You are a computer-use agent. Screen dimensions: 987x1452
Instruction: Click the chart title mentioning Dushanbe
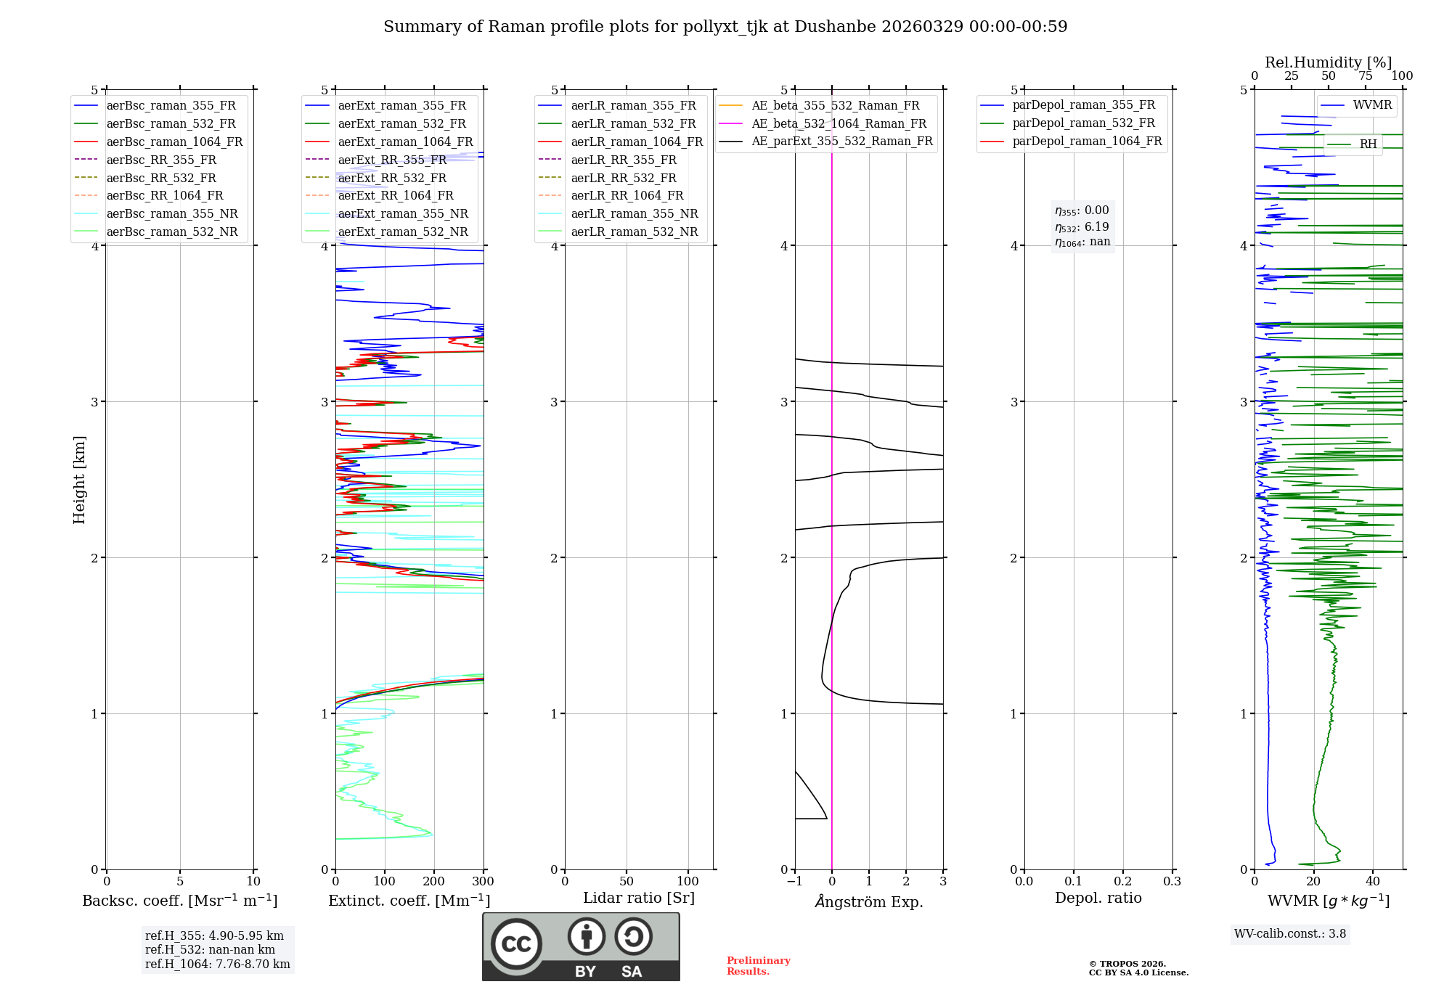click(x=725, y=27)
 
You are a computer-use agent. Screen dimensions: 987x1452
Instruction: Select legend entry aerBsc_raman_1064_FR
click(x=174, y=142)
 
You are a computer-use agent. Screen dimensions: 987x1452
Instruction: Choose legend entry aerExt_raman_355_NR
click(x=403, y=213)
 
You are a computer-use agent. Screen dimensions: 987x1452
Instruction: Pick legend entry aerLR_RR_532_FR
click(x=623, y=178)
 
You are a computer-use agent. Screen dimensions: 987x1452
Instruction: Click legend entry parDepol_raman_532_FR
click(x=1083, y=123)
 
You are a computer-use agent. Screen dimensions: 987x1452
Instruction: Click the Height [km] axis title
click(x=79, y=480)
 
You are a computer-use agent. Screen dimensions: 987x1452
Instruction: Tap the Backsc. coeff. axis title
click(x=179, y=901)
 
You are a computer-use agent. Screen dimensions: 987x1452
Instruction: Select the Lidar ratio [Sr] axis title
click(x=638, y=898)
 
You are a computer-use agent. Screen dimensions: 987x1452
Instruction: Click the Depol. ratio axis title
click(x=1098, y=898)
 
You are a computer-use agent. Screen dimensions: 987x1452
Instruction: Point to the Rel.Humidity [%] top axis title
click(x=1328, y=62)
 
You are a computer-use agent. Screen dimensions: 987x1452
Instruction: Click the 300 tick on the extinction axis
click(x=483, y=882)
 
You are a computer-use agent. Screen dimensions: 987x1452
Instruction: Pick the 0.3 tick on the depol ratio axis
click(x=1172, y=882)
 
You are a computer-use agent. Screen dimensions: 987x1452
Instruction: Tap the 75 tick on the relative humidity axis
click(x=1365, y=76)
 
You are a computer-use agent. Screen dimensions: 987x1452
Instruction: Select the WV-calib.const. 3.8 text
click(x=1289, y=934)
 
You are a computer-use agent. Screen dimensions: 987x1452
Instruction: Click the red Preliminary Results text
click(x=758, y=966)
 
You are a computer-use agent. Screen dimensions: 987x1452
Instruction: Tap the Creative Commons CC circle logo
click(x=516, y=943)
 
